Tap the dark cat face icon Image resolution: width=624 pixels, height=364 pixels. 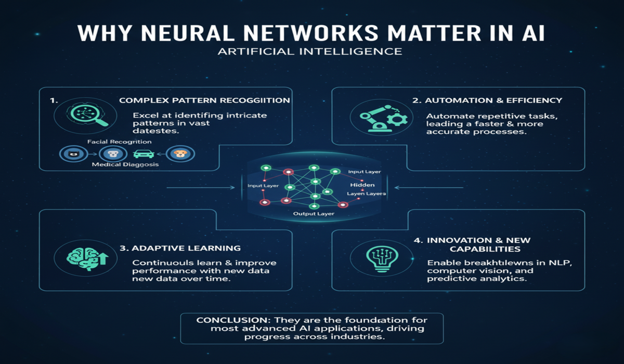click(71, 153)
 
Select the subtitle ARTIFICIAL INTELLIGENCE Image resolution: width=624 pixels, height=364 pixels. click(311, 51)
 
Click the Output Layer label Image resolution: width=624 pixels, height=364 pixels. click(314, 214)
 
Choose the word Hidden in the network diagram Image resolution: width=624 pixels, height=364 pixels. click(359, 185)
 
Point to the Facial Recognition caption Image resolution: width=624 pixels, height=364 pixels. click(120, 141)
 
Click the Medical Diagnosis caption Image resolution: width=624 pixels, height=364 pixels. click(125, 165)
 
